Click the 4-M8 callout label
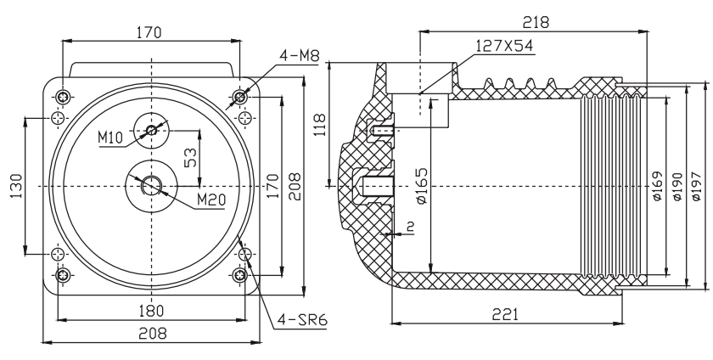tap(300, 55)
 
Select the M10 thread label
tap(110, 137)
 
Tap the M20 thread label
tap(211, 200)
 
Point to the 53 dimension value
tap(192, 157)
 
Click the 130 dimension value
tap(16, 186)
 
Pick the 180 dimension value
tap(150, 311)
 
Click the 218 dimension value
tap(536, 22)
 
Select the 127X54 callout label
tap(504, 46)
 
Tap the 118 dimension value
tap(319, 124)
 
